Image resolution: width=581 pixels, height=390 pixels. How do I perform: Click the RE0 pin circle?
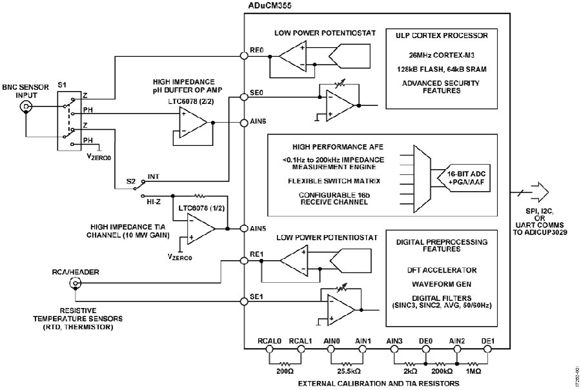pyautogui.click(x=244, y=56)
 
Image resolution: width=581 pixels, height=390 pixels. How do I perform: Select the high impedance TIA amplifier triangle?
pyautogui.click(x=201, y=228)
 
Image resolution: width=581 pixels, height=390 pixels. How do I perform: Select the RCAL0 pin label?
pyautogui.click(x=270, y=340)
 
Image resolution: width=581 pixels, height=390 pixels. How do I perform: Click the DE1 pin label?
pyautogui.click(x=487, y=340)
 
